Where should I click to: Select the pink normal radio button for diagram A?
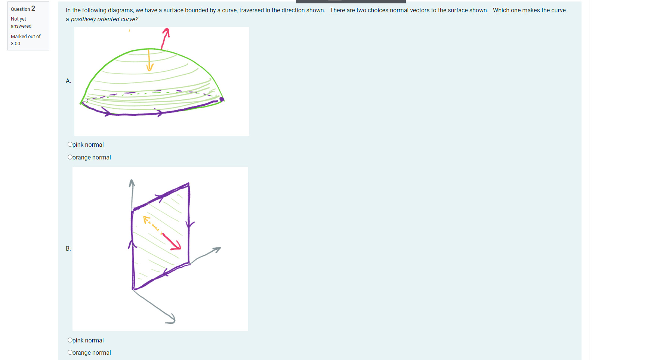70,145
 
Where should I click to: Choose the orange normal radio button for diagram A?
70,157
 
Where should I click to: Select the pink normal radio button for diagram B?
70,340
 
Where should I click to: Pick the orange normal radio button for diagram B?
70,353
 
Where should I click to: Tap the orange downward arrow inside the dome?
149,60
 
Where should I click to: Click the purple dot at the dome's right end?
222,99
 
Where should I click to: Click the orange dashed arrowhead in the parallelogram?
147,219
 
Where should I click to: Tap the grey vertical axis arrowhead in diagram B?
132,183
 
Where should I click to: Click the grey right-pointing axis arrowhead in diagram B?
217,249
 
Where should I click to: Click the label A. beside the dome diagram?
68,81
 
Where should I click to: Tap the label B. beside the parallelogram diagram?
68,248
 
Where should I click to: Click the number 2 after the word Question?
33,9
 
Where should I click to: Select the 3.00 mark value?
16,44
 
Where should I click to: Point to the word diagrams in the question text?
122,10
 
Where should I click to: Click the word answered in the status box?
21,26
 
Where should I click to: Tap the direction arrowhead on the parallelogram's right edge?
190,224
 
